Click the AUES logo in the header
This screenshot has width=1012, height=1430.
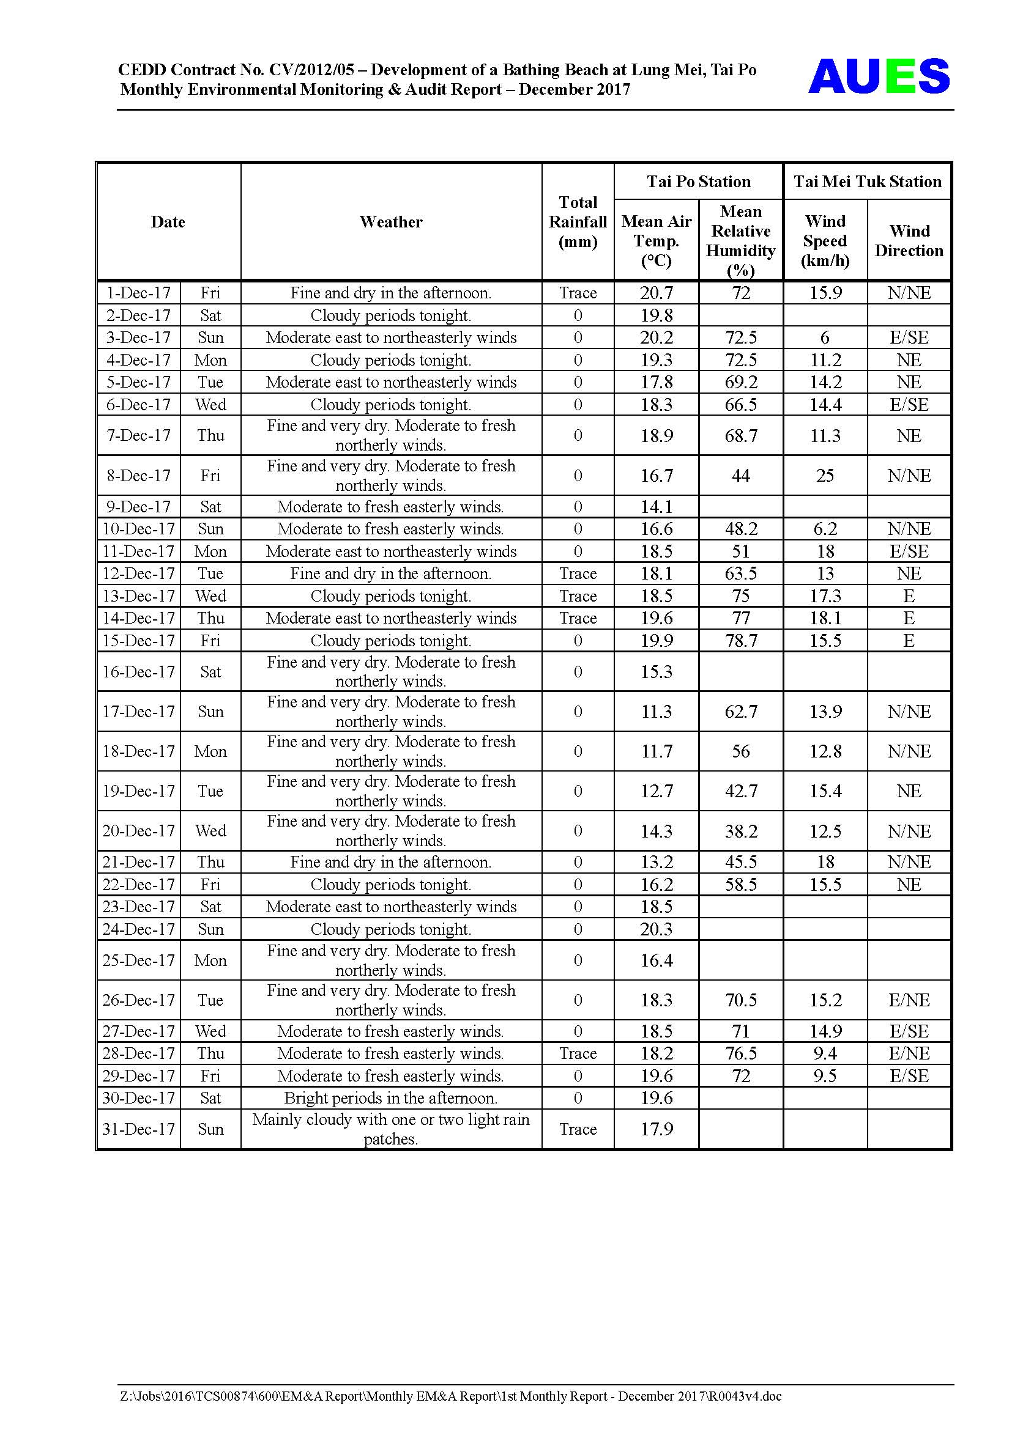[878, 76]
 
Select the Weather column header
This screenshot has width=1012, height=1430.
[391, 222]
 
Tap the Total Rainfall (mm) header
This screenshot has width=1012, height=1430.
[578, 222]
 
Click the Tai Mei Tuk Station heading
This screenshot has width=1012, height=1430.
[867, 181]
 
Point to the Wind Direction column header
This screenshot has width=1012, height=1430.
[909, 240]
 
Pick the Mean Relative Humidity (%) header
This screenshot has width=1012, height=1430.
[740, 240]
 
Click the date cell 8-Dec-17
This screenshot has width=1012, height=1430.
[138, 476]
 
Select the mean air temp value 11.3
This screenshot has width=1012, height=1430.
[656, 711]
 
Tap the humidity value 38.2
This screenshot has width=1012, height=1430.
[740, 831]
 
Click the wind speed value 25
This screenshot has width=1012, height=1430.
[824, 476]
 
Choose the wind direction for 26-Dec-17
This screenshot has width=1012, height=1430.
[909, 1000]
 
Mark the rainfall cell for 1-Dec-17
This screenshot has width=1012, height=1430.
[578, 293]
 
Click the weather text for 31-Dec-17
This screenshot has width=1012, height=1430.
[391, 1129]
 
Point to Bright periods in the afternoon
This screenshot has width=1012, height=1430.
[391, 1098]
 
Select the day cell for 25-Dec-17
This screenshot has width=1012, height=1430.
[210, 960]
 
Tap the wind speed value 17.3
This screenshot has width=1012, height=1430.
[825, 596]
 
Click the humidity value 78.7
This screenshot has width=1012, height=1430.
[740, 640]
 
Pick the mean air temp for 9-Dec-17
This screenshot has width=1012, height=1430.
[656, 507]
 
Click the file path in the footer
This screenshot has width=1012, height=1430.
[450, 1396]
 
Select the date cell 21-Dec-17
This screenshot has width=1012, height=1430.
[138, 862]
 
